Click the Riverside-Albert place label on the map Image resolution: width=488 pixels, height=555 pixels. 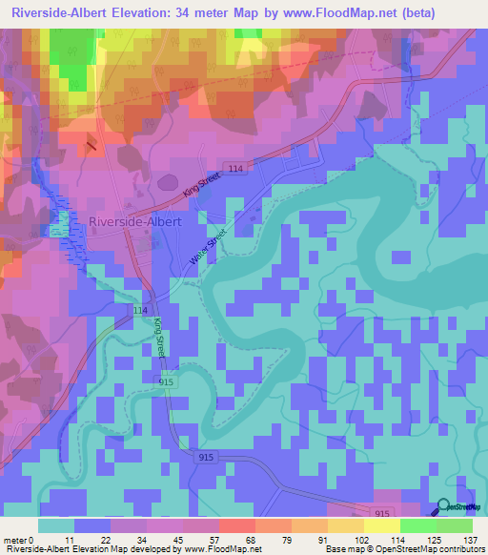point(134,221)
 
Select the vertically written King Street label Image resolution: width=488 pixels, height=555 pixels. point(160,338)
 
